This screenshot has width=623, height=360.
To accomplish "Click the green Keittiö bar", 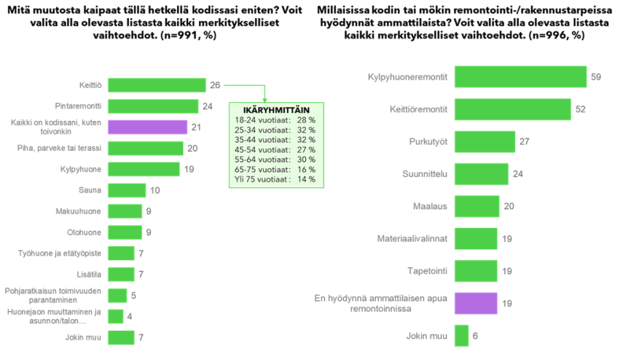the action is pyautogui.click(x=157, y=85).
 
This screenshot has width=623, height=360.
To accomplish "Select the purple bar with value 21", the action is pyautogui.click(x=147, y=127).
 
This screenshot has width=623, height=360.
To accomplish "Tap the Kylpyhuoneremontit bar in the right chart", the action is pyautogui.click(x=520, y=77).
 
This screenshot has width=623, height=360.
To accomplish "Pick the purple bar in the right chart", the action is pyautogui.click(x=476, y=304).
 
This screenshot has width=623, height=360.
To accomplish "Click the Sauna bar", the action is pyautogui.click(x=127, y=190).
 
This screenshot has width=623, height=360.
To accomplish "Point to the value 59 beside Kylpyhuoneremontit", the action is pyautogui.click(x=596, y=77).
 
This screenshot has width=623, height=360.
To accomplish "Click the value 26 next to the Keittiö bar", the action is pyautogui.click(x=215, y=85).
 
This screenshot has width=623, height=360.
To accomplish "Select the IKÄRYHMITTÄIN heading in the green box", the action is pyautogui.click(x=276, y=110).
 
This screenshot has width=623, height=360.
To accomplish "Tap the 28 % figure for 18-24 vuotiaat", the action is pyautogui.click(x=306, y=120).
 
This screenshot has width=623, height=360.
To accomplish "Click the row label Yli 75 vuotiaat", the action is pyautogui.click(x=262, y=179).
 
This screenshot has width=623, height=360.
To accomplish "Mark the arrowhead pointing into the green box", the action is pyautogui.click(x=265, y=100).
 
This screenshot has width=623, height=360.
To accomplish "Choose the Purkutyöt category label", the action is pyautogui.click(x=428, y=142).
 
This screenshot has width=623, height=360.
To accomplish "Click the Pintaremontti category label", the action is pyautogui.click(x=78, y=106).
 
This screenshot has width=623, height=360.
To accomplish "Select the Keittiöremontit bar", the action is pyautogui.click(x=513, y=109).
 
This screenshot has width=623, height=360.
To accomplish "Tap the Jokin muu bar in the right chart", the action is pyautogui.click(x=462, y=336).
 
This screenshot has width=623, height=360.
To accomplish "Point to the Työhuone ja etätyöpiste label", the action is pyautogui.click(x=60, y=253).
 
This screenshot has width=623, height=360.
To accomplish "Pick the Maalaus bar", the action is pyautogui.click(x=477, y=206).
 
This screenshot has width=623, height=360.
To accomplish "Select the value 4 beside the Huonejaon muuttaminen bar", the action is pyautogui.click(x=130, y=317).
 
